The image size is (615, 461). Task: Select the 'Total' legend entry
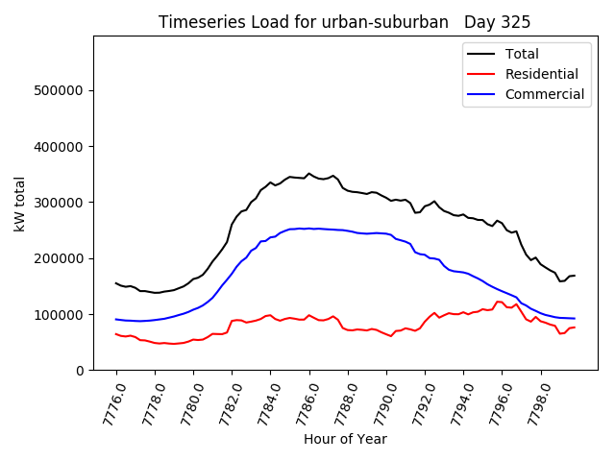(522, 54)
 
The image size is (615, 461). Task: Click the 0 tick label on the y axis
(81, 371)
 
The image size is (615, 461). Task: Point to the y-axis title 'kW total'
(19, 203)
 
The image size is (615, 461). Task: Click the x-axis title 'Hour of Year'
(345, 439)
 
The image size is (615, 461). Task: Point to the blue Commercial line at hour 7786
(308, 229)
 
